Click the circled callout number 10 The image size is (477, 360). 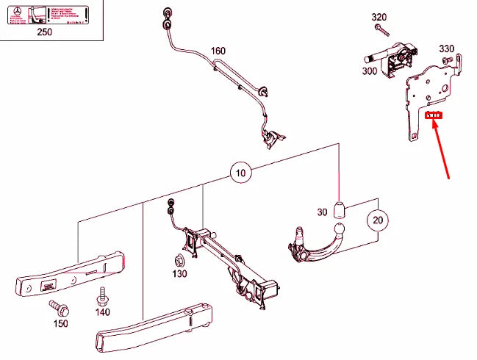[x=241, y=173]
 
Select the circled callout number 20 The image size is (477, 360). [x=378, y=220]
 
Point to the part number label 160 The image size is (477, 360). [x=218, y=51]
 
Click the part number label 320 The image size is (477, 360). [x=379, y=17]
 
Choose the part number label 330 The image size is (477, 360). [x=447, y=48]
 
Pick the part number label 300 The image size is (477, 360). [x=369, y=72]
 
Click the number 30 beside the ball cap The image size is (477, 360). [x=322, y=212]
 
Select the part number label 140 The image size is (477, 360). [x=102, y=312]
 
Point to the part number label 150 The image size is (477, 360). [x=60, y=323]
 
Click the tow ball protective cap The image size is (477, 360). [x=340, y=210]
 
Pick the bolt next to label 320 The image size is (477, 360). [x=380, y=29]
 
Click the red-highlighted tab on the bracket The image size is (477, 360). [x=434, y=115]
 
